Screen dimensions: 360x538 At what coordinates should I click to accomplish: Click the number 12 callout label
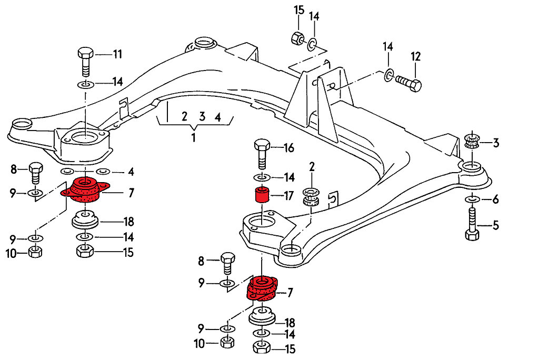416,56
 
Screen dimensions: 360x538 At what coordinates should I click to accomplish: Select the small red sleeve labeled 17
262,195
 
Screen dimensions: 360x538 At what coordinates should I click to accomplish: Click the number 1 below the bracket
193,138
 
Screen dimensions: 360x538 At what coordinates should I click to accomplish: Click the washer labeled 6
472,199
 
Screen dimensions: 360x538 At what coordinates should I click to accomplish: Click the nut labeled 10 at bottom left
35,253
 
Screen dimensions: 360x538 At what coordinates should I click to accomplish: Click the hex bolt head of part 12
415,85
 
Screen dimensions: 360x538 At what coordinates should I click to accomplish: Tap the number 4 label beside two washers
131,172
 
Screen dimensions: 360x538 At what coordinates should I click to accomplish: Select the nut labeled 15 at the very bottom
262,348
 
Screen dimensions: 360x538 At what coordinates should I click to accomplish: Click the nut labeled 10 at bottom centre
226,343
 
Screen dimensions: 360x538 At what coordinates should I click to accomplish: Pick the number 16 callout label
288,148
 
